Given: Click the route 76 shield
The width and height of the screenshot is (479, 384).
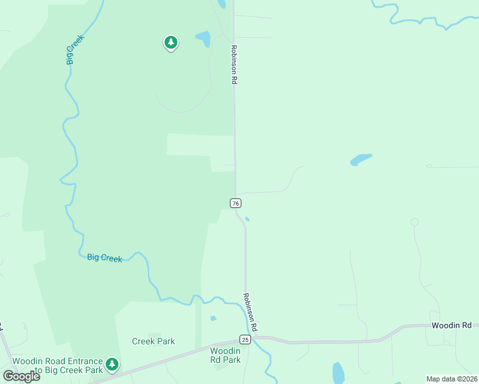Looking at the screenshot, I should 236,203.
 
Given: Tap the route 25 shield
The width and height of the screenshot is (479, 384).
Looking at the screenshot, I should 245,339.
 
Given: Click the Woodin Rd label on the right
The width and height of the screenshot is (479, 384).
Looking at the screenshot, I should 451,326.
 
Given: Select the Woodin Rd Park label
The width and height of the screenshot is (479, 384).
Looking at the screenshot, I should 225,355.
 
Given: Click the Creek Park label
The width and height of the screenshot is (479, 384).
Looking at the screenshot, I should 154,341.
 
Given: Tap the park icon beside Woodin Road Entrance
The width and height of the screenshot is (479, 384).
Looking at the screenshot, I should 112,365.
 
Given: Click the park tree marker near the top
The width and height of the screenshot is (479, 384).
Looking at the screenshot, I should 170,43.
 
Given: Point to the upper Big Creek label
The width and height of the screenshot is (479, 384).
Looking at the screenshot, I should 75,49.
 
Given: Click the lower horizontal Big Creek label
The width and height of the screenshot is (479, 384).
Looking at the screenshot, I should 104,258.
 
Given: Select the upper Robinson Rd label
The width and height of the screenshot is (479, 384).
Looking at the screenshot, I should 235,65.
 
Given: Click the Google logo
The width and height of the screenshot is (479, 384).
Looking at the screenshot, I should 21,376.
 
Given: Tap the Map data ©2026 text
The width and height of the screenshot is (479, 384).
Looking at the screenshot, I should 451,379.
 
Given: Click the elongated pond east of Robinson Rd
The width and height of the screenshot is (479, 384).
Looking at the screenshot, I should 361,159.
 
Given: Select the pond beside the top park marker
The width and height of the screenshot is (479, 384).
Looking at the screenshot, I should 203,39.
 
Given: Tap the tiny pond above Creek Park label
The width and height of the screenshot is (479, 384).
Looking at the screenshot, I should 213,318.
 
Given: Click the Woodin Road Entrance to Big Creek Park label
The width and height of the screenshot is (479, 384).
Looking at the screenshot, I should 58,365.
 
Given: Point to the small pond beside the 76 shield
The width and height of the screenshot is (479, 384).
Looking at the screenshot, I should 247,220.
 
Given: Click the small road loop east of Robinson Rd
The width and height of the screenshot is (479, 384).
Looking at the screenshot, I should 414,223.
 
